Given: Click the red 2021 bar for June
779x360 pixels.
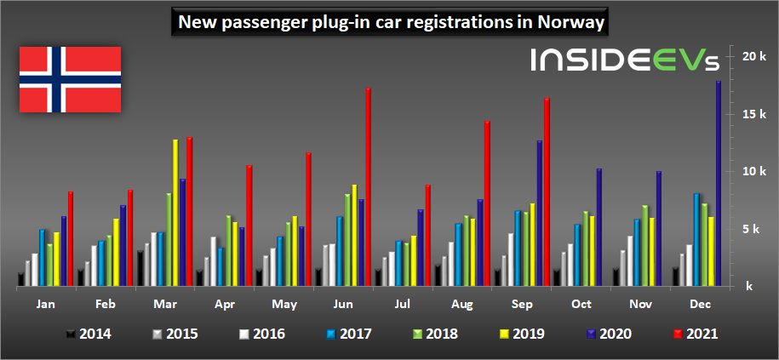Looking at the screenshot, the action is [368, 186].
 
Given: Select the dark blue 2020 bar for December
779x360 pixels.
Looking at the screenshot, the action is [718, 183].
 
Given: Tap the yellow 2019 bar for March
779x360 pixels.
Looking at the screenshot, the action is [175, 213].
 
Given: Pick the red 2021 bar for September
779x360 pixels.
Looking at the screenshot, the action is [547, 192].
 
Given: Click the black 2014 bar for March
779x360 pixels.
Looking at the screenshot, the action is [140, 268].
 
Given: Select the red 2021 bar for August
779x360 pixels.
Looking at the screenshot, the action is [487, 203].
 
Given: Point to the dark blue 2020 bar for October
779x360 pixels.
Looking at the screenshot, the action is [599, 227].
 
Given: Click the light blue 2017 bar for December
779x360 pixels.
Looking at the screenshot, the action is [696, 239].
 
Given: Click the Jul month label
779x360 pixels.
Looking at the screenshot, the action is [403, 303].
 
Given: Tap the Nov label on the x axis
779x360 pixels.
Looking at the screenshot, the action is [641, 303].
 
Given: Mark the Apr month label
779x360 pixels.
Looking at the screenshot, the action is [225, 304].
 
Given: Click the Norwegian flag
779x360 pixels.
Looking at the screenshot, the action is [70, 79].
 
